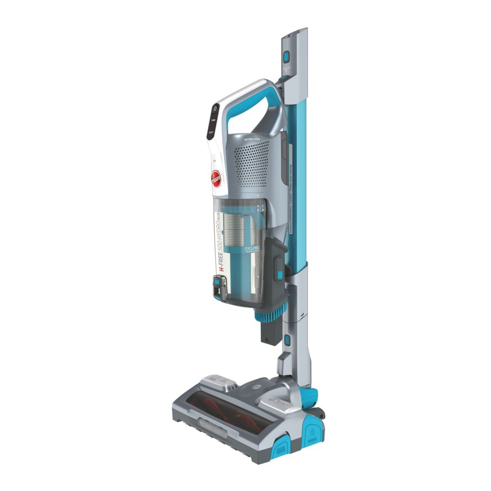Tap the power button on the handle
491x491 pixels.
pos(214,109)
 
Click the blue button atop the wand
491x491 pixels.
pos(286,58)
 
